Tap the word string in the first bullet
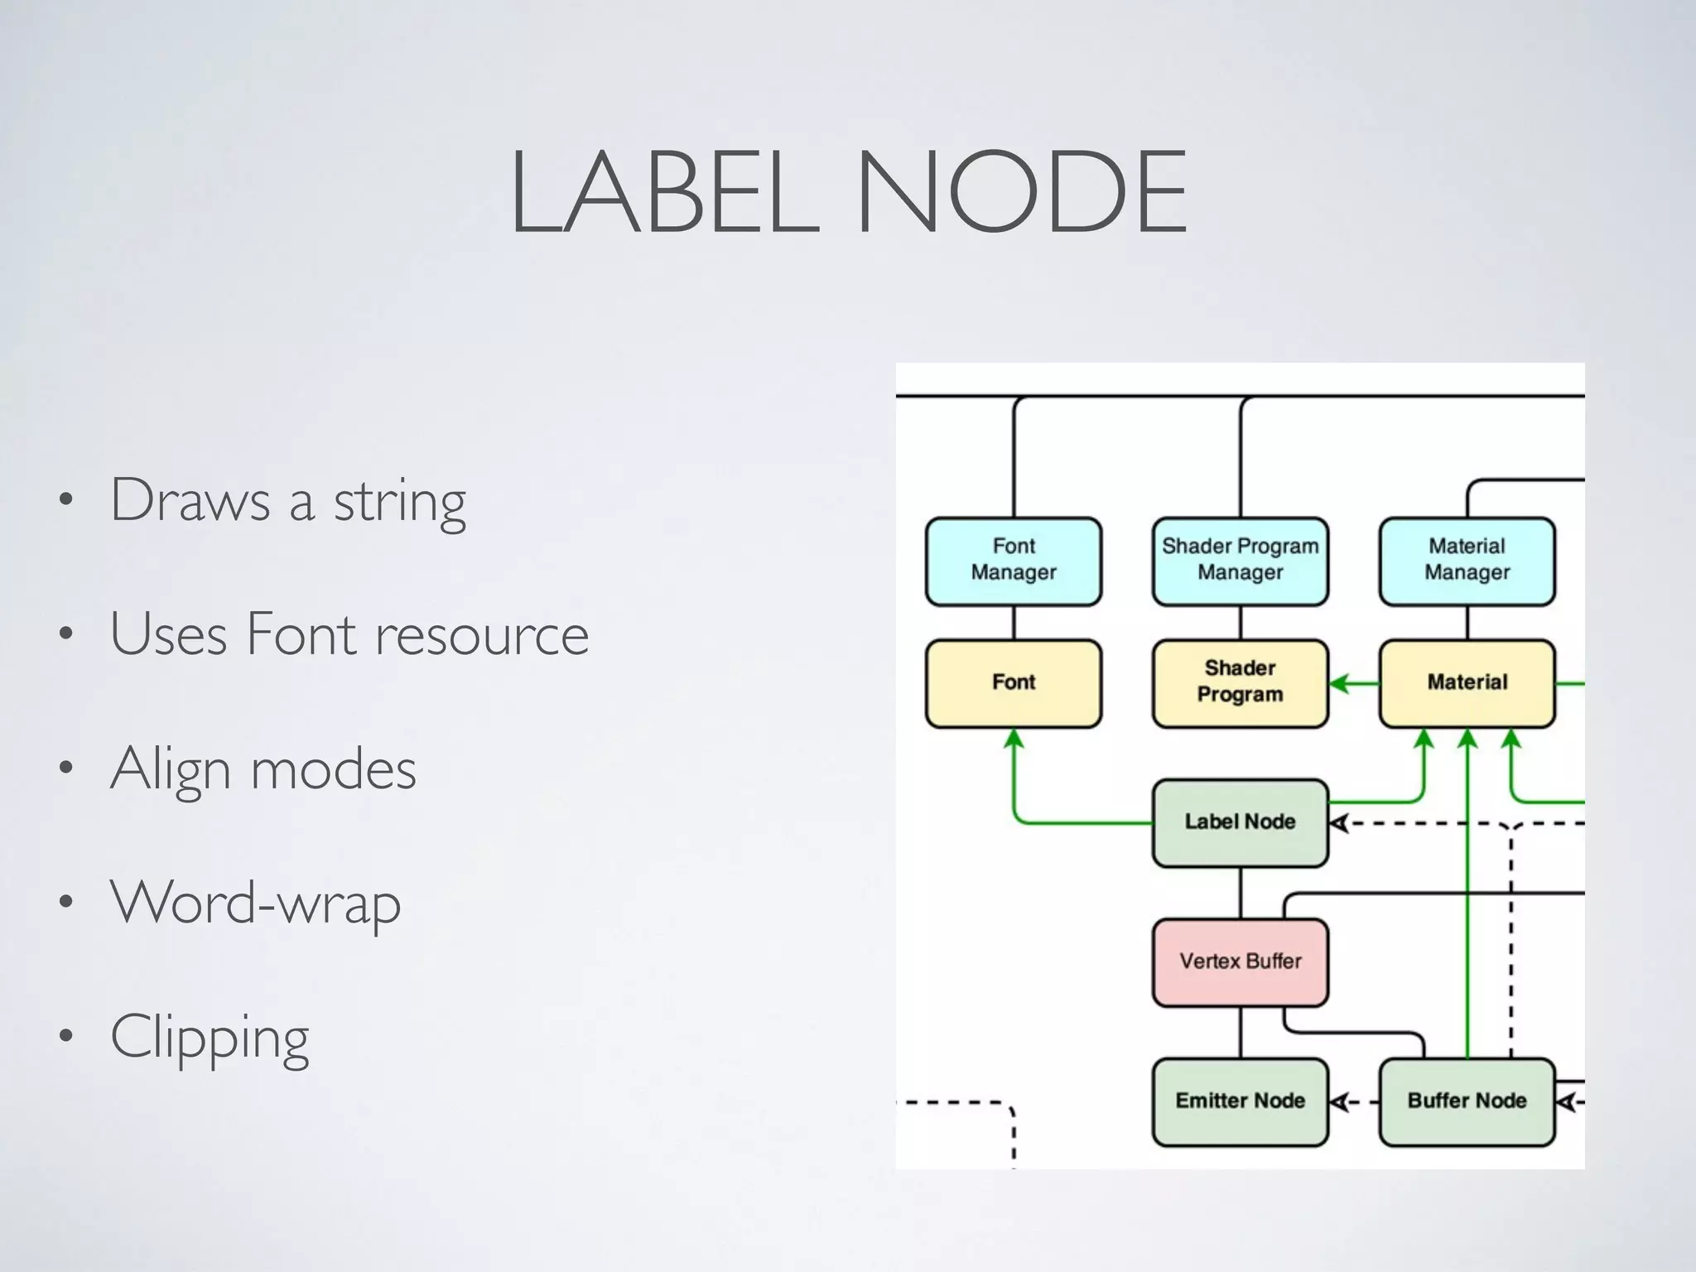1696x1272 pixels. point(400,502)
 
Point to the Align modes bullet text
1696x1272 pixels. point(263,770)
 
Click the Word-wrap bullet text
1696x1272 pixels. point(255,903)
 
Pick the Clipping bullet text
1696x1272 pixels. point(210,1037)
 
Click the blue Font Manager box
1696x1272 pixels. point(1013,561)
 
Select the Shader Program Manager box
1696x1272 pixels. point(1240,561)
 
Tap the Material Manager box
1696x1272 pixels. point(1467,561)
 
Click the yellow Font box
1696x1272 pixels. point(1013,682)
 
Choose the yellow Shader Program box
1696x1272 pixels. point(1240,682)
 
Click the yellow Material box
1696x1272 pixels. point(1467,682)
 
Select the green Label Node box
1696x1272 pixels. point(1240,821)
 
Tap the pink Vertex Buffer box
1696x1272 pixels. point(1240,961)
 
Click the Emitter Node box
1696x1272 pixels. point(1240,1101)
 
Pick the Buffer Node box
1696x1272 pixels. point(1467,1101)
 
